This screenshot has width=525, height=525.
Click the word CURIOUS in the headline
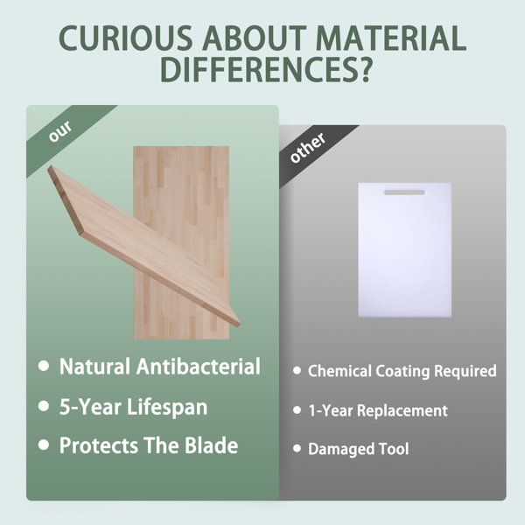(126, 38)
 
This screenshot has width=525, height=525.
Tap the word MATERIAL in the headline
(390, 38)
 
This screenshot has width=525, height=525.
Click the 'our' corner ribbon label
(60, 130)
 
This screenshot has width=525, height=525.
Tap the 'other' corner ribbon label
(308, 148)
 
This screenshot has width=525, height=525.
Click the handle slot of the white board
(404, 192)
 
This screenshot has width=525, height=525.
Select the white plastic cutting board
(405, 249)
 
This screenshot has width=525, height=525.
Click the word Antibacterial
(199, 366)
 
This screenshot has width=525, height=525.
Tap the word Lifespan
(167, 408)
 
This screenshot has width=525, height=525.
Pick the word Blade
(211, 445)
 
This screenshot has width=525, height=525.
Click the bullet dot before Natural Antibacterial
(44, 366)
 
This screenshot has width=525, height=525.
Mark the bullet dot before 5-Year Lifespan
(44, 406)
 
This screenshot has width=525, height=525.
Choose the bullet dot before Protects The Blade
(44, 445)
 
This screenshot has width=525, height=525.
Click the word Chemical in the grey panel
(339, 371)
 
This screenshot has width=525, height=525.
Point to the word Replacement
(402, 411)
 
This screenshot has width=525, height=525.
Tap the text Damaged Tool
(358, 450)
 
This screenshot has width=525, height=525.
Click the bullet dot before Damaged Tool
(297, 448)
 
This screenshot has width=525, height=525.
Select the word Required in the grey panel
(465, 371)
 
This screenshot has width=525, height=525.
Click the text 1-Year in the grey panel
(331, 411)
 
